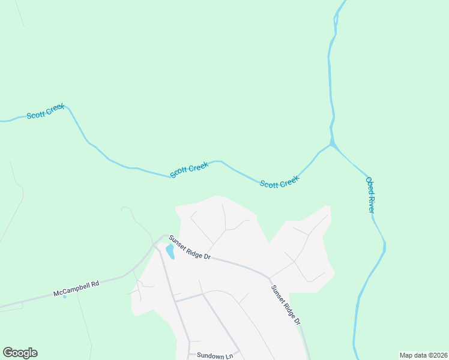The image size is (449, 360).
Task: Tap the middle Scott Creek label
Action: click(x=189, y=169)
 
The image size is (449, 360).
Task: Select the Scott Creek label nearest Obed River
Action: click(x=279, y=182)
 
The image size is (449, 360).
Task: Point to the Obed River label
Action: click(x=370, y=194)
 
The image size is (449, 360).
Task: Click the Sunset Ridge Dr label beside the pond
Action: click(x=189, y=247)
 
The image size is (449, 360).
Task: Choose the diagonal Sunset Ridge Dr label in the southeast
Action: click(x=285, y=305)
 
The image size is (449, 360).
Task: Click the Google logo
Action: click(x=20, y=353)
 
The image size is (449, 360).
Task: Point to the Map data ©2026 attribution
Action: click(x=423, y=355)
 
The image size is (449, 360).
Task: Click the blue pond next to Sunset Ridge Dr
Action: click(x=170, y=251)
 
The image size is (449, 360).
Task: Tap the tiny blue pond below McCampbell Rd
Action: click(x=65, y=296)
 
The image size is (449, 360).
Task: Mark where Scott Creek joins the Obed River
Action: click(x=331, y=144)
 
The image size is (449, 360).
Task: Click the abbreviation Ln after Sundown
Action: click(x=229, y=356)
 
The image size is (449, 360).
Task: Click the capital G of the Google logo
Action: click(x=8, y=353)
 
